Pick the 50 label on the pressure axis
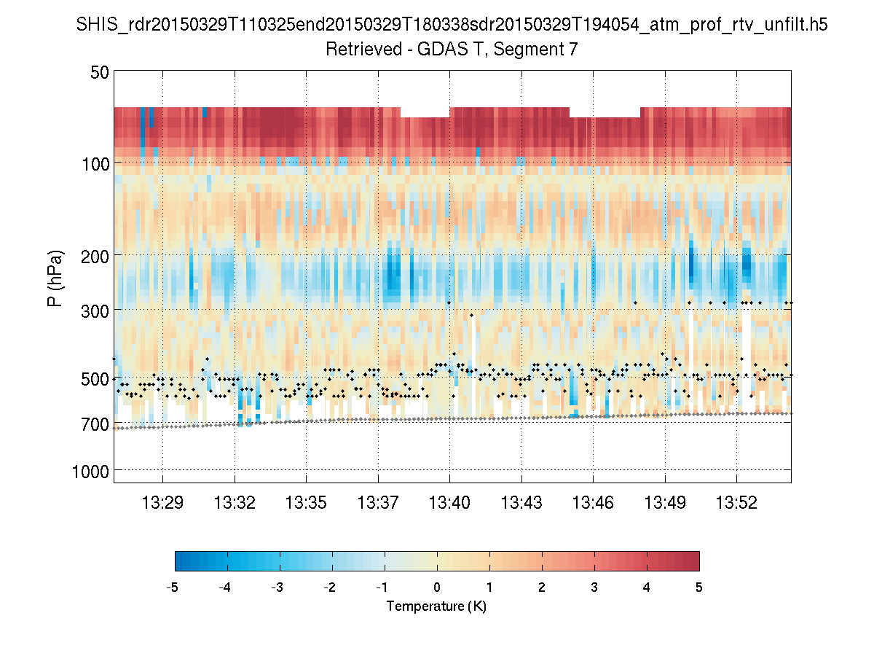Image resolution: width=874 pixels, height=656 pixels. point(100,72)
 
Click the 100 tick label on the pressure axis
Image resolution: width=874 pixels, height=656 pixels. point(95,163)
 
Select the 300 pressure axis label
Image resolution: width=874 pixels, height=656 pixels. point(95,310)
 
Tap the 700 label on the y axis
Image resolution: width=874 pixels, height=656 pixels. point(95,423)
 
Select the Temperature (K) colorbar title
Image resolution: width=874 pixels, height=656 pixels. point(436,606)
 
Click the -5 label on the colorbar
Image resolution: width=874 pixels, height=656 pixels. point(173,587)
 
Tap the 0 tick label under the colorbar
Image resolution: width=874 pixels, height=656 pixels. point(437,587)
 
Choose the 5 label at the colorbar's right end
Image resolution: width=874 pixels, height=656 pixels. point(699,587)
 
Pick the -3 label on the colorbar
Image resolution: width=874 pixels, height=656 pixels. point(277,587)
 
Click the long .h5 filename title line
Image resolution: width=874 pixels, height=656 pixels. point(452,26)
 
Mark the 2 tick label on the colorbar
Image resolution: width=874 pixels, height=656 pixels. point(542,587)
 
